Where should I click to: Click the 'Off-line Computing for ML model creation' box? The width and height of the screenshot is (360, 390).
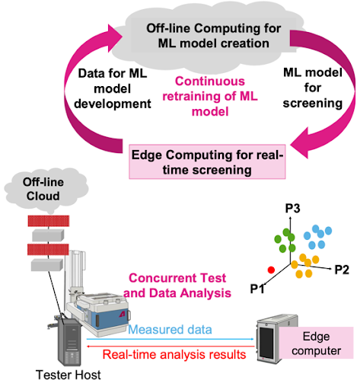213,36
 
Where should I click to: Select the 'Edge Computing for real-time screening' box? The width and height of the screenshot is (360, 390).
207,161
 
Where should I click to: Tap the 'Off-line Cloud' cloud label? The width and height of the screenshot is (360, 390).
43,189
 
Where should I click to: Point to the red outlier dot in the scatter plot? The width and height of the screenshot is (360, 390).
271,270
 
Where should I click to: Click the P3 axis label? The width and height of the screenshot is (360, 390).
293,208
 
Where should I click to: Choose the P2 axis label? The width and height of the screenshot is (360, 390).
342,270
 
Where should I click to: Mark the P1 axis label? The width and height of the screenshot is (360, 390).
257,289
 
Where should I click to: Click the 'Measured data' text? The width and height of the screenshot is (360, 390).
170,330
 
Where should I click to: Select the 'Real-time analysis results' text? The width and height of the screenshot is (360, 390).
174,354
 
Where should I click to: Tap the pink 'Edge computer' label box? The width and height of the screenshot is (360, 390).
316,343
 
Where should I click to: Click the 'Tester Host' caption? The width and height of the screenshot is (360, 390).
68,375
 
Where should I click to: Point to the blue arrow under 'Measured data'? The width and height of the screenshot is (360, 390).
170,339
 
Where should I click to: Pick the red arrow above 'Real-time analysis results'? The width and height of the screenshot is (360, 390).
170,346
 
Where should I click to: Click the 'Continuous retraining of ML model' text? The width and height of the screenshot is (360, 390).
210,96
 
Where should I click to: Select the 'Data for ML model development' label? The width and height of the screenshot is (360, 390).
113,88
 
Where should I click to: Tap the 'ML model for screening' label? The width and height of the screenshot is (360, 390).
313,88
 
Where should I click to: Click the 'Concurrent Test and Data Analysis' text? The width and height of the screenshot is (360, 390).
177,286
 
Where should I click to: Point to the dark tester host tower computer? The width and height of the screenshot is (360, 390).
69,341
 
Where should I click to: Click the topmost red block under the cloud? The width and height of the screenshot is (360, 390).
49,221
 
